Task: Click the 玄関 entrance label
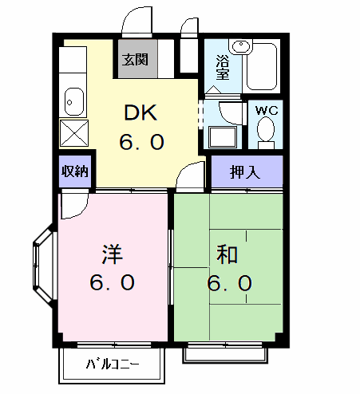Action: tap(135, 59)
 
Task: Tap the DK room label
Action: tap(140, 112)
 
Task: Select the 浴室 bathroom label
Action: tap(223, 68)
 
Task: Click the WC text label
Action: tap(267, 110)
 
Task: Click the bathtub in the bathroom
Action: tap(262, 66)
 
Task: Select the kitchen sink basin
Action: tap(74, 101)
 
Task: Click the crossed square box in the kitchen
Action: tap(74, 133)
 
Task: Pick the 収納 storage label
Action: tap(75, 171)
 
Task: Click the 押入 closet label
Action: tap(245, 171)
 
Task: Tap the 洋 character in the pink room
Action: tap(112, 254)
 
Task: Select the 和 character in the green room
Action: tap(227, 254)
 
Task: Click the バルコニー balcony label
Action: tap(113, 364)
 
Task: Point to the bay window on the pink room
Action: tap(43, 266)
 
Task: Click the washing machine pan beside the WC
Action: tap(223, 137)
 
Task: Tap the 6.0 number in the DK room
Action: tap(141, 142)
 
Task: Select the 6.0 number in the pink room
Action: tap(112, 282)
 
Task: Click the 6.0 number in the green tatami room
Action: tap(229, 282)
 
